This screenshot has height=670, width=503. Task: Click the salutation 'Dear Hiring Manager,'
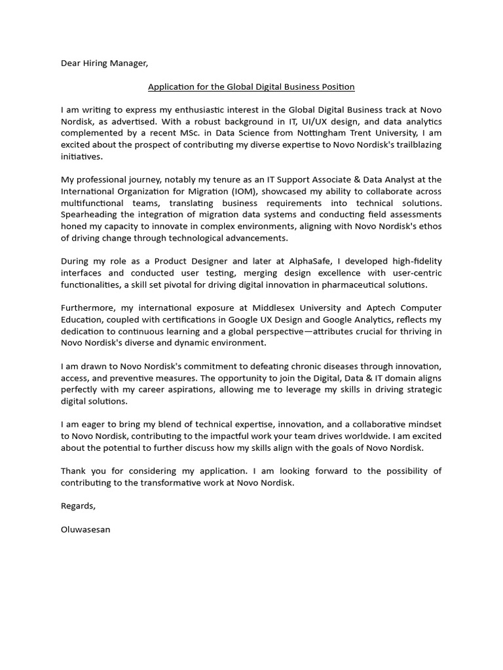(x=105, y=63)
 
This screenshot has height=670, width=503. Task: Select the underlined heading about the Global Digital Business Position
(x=251, y=86)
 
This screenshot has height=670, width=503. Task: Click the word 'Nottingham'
(x=320, y=133)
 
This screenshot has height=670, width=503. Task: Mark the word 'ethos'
(x=428, y=226)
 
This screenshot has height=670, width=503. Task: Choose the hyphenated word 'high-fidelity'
(x=415, y=261)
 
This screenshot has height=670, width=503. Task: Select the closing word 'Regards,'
(x=78, y=506)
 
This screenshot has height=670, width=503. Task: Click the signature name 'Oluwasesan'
(x=86, y=529)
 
